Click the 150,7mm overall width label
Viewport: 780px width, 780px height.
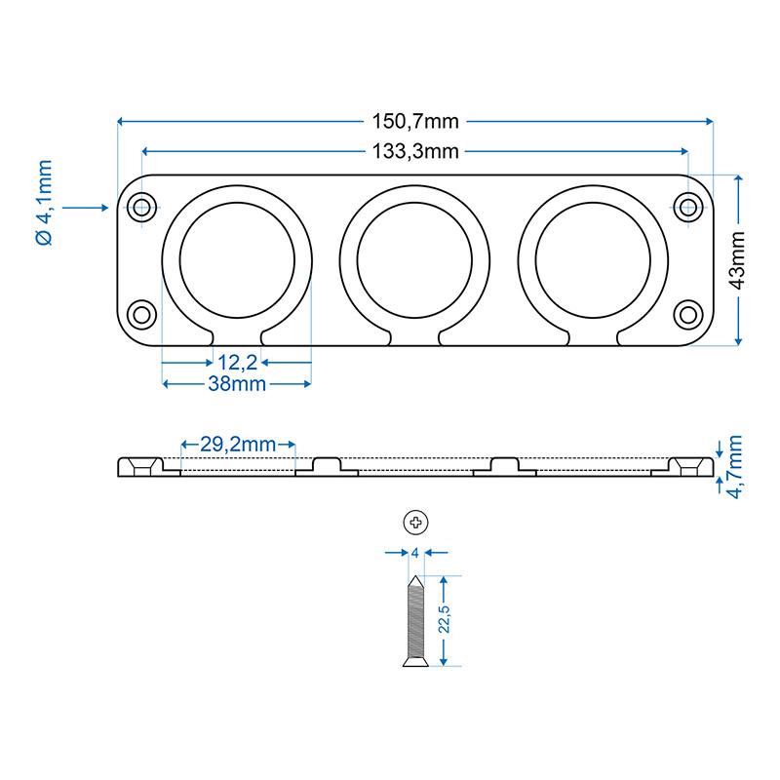(x=415, y=121)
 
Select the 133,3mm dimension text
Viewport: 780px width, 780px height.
(x=415, y=151)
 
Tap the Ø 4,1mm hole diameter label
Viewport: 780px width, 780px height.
(x=44, y=203)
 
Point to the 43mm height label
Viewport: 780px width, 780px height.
(x=737, y=260)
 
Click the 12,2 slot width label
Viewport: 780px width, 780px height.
(x=237, y=363)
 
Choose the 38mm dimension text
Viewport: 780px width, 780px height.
(x=237, y=384)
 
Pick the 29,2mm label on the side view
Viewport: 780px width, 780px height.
(x=238, y=445)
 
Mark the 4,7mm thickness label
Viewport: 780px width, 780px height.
(x=734, y=467)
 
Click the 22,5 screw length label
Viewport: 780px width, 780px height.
(x=444, y=619)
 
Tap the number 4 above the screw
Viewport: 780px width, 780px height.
(x=415, y=553)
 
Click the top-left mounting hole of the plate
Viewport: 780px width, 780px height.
(x=141, y=207)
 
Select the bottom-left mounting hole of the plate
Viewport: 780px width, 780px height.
(x=141, y=315)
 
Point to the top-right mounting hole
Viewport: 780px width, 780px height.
(x=688, y=207)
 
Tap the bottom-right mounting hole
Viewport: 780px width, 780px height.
(x=688, y=315)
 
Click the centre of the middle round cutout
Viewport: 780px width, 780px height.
(x=414, y=260)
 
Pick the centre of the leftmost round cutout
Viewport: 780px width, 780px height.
(x=237, y=260)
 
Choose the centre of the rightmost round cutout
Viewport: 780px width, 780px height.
(x=593, y=260)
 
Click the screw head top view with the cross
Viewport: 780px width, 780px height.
(x=415, y=523)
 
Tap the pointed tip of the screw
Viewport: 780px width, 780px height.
(x=415, y=576)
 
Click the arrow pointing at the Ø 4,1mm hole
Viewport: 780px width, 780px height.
(x=85, y=208)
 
